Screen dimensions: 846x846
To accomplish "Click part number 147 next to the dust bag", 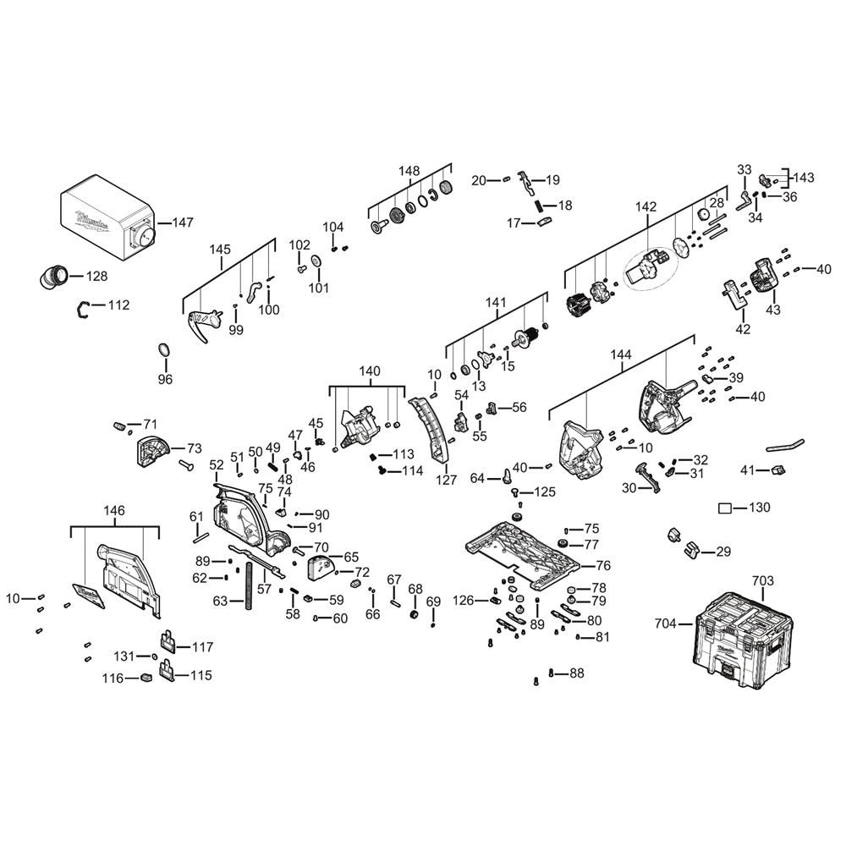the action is click(183, 222).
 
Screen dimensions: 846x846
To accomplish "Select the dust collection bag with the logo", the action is click(107, 219).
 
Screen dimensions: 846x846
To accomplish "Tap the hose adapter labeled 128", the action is click(53, 277).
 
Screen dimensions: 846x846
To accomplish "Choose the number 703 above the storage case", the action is click(762, 581).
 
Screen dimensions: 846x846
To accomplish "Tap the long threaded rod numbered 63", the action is click(249, 586).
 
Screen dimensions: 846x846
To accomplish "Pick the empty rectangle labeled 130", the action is click(725, 508).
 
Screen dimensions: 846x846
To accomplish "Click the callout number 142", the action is click(645, 206).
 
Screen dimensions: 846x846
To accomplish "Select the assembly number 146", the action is click(114, 510).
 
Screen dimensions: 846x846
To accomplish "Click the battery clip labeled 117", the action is click(168, 641).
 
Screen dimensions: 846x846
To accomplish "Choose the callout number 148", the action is click(409, 171).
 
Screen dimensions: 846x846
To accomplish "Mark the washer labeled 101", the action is click(315, 261).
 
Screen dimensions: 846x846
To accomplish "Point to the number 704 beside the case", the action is click(665, 624).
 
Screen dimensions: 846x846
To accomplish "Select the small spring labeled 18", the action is click(538, 206).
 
